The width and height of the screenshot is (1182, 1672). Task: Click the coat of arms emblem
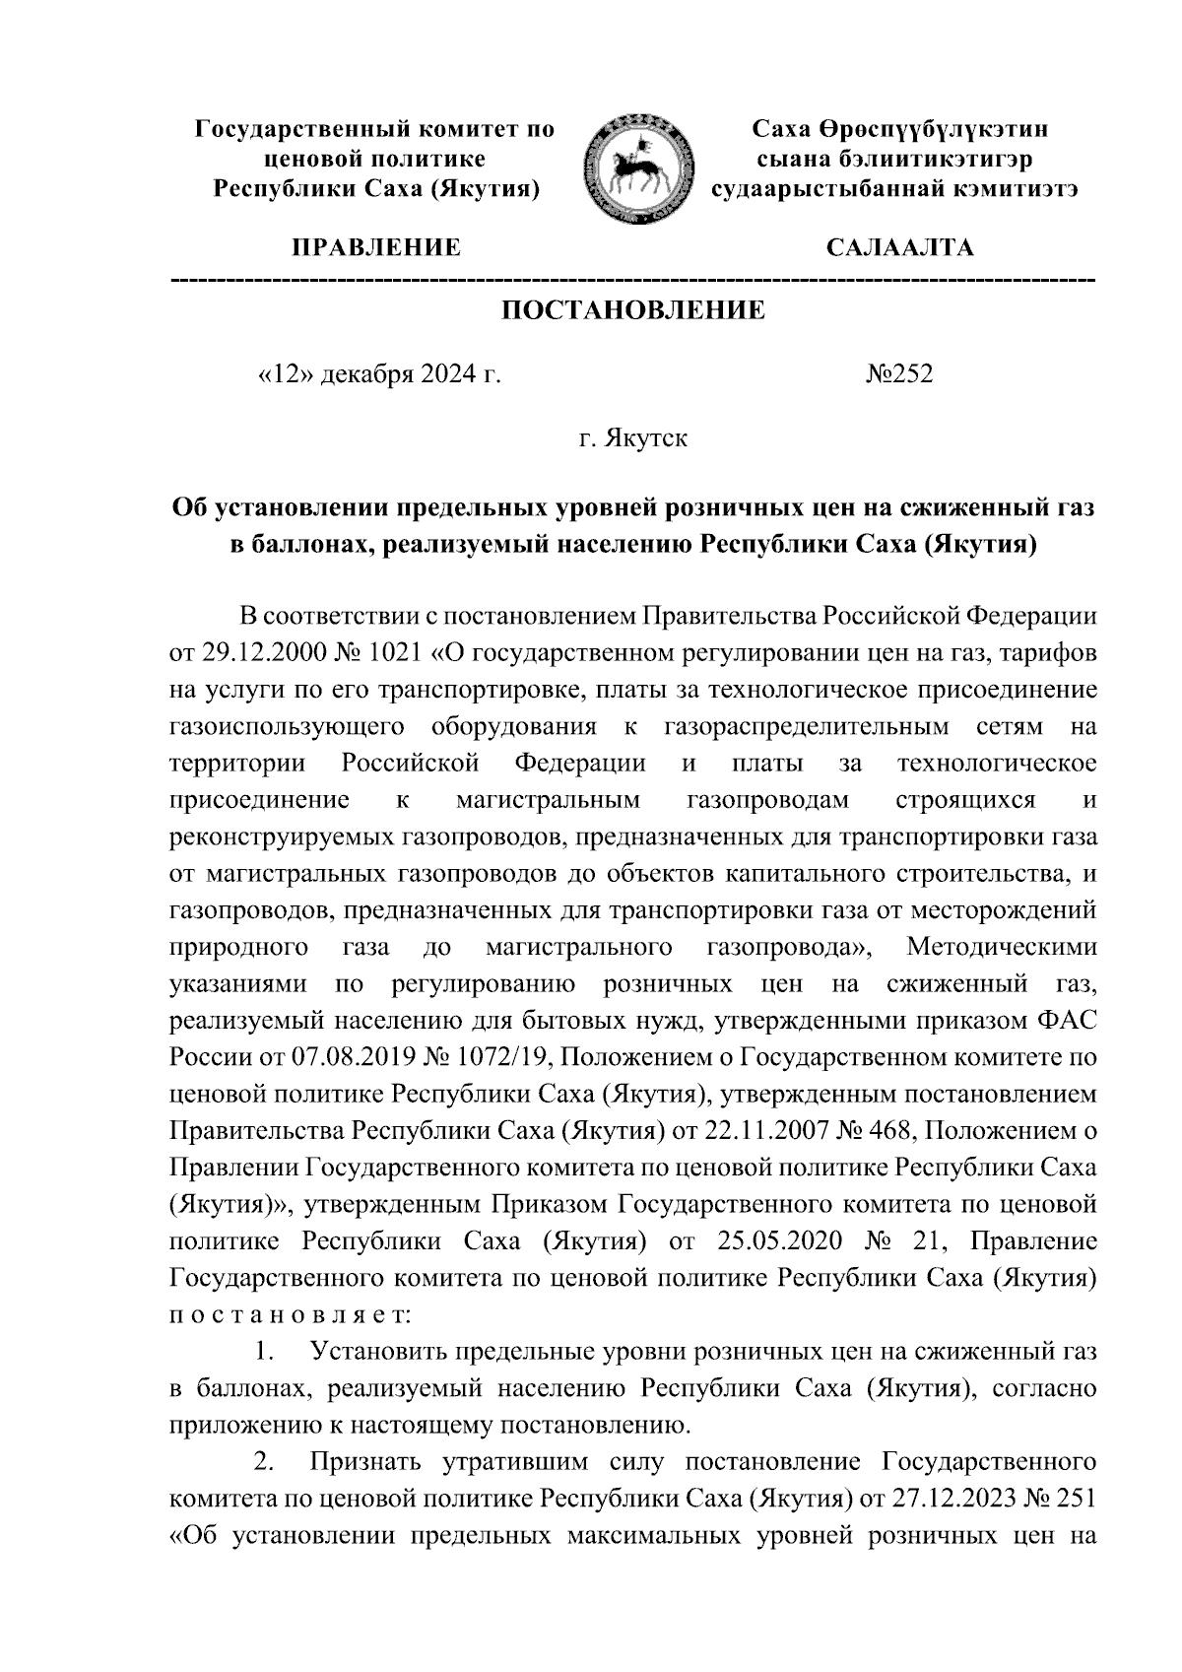632,166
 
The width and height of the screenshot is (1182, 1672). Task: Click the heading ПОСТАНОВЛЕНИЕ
633,311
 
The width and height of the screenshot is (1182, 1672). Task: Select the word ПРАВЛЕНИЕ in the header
374,247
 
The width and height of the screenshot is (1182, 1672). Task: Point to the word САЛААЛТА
899,247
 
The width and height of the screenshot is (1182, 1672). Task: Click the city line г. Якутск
632,437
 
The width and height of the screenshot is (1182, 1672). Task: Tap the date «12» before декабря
286,374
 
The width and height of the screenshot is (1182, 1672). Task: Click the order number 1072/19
494,1057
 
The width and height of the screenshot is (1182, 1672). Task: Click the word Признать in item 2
365,1462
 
